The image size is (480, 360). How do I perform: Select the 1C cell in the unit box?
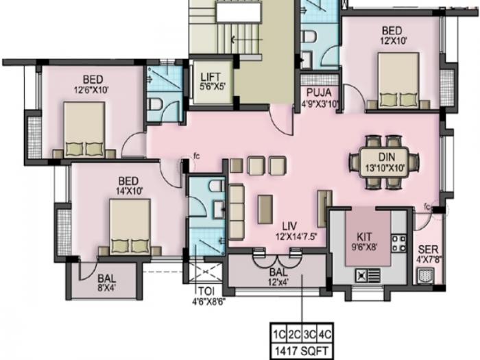coord(279,334)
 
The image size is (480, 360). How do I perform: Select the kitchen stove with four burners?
coord(398,242)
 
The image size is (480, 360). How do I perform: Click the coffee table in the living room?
coord(265,209)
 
